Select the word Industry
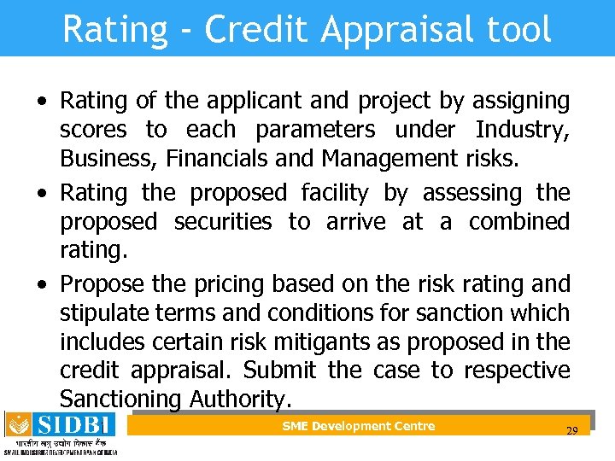click(522, 130)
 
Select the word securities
click(223, 222)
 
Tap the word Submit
click(279, 371)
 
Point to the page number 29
click(572, 431)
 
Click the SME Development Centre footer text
click(359, 426)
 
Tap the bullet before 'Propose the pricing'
click(42, 284)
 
